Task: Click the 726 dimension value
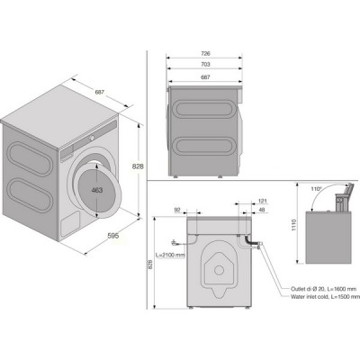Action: pyautogui.click(x=205, y=54)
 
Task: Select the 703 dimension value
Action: pyautogui.click(x=205, y=64)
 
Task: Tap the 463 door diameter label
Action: pyautogui.click(x=97, y=190)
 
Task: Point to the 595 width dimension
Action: pyautogui.click(x=113, y=236)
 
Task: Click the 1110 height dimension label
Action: pyautogui.click(x=293, y=225)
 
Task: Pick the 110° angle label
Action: pyautogui.click(x=316, y=189)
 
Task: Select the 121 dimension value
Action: pyautogui.click(x=262, y=201)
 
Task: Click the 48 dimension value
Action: pyautogui.click(x=262, y=210)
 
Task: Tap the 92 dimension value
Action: pyautogui.click(x=177, y=210)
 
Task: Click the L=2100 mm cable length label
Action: pyautogui.click(x=170, y=255)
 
